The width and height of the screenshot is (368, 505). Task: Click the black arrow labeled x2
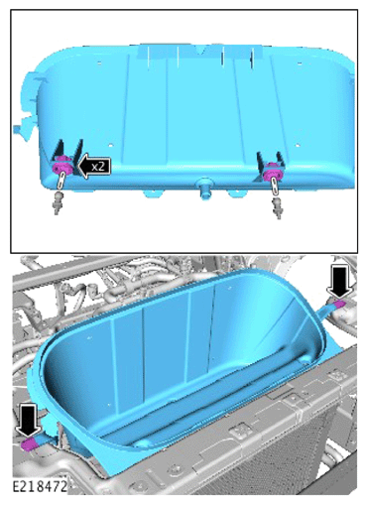pyautogui.click(x=93, y=166)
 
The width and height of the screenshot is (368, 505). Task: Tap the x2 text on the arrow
pyautogui.click(x=98, y=166)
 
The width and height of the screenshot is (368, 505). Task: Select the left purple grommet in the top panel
pyautogui.click(x=62, y=166)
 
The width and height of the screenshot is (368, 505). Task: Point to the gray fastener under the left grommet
pyautogui.click(x=59, y=202)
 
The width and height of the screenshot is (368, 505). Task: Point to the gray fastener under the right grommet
pyautogui.click(x=278, y=208)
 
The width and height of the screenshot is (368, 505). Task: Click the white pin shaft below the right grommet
pyautogui.click(x=275, y=188)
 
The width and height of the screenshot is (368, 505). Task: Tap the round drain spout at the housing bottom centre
pyautogui.click(x=204, y=189)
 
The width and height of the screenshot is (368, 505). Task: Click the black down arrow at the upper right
pyautogui.click(x=339, y=282)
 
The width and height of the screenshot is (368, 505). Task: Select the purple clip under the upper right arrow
pyautogui.click(x=339, y=304)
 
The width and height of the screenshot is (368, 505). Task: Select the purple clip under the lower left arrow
pyautogui.click(x=28, y=443)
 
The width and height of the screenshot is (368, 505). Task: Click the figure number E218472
pyautogui.click(x=40, y=486)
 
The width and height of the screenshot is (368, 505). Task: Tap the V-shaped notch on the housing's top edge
pyautogui.click(x=200, y=50)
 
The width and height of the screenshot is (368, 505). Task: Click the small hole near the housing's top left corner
pyautogui.click(x=99, y=62)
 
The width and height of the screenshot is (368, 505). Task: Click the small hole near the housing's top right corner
pyautogui.click(x=300, y=63)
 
